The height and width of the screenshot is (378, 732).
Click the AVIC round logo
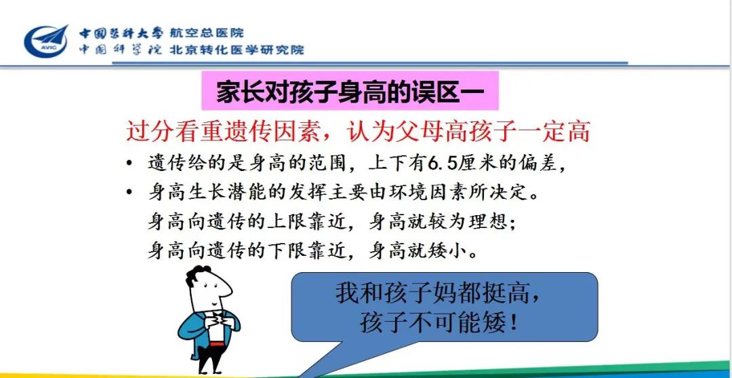(x=46, y=41)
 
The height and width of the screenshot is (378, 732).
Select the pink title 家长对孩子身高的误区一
(x=350, y=92)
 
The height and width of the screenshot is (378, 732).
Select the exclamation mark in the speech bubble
(x=515, y=323)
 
